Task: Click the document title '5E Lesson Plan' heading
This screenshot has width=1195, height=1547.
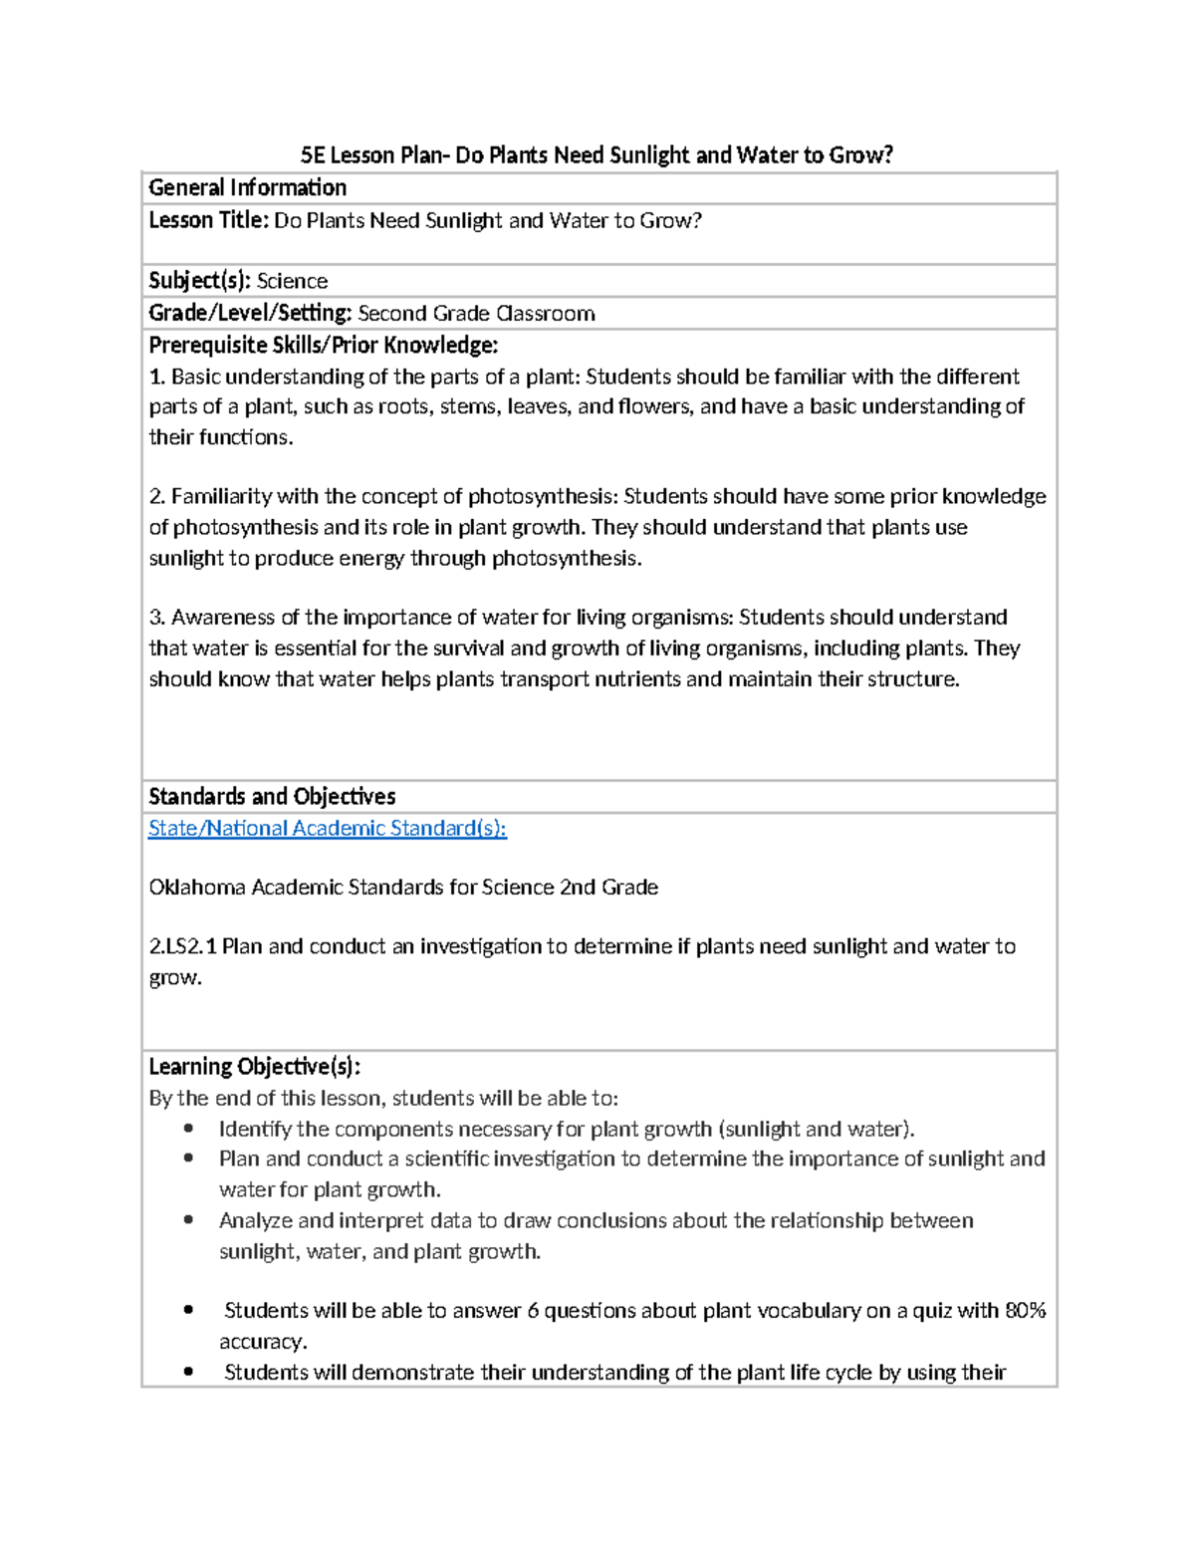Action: click(597, 154)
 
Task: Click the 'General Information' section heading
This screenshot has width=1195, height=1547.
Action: click(247, 187)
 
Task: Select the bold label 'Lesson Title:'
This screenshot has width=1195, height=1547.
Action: click(208, 220)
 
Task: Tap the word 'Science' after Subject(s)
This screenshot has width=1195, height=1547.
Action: click(292, 281)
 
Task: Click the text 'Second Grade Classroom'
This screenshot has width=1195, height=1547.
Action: click(476, 313)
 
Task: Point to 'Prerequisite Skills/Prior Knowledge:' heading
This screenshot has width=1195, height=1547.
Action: click(323, 345)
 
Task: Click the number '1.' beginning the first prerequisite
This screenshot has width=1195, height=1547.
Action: click(157, 377)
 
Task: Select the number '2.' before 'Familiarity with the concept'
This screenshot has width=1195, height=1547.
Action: click(157, 496)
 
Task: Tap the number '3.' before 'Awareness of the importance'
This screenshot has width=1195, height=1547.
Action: click(157, 617)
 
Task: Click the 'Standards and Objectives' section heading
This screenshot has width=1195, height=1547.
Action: click(272, 796)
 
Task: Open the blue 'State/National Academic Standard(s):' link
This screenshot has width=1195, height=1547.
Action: click(327, 828)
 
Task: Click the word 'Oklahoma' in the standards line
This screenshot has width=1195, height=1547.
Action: click(197, 887)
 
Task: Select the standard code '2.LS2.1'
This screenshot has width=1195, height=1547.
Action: click(182, 946)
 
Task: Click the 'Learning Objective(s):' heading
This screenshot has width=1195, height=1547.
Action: click(254, 1066)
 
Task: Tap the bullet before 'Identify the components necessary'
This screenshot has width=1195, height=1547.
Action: click(188, 1129)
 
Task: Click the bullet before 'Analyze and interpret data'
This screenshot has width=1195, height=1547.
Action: click(188, 1220)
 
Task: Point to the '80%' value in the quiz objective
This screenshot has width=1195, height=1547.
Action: click(1025, 1310)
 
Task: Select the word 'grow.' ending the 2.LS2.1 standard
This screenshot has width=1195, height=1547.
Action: click(175, 977)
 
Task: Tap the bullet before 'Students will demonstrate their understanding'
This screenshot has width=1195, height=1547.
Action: click(188, 1372)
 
